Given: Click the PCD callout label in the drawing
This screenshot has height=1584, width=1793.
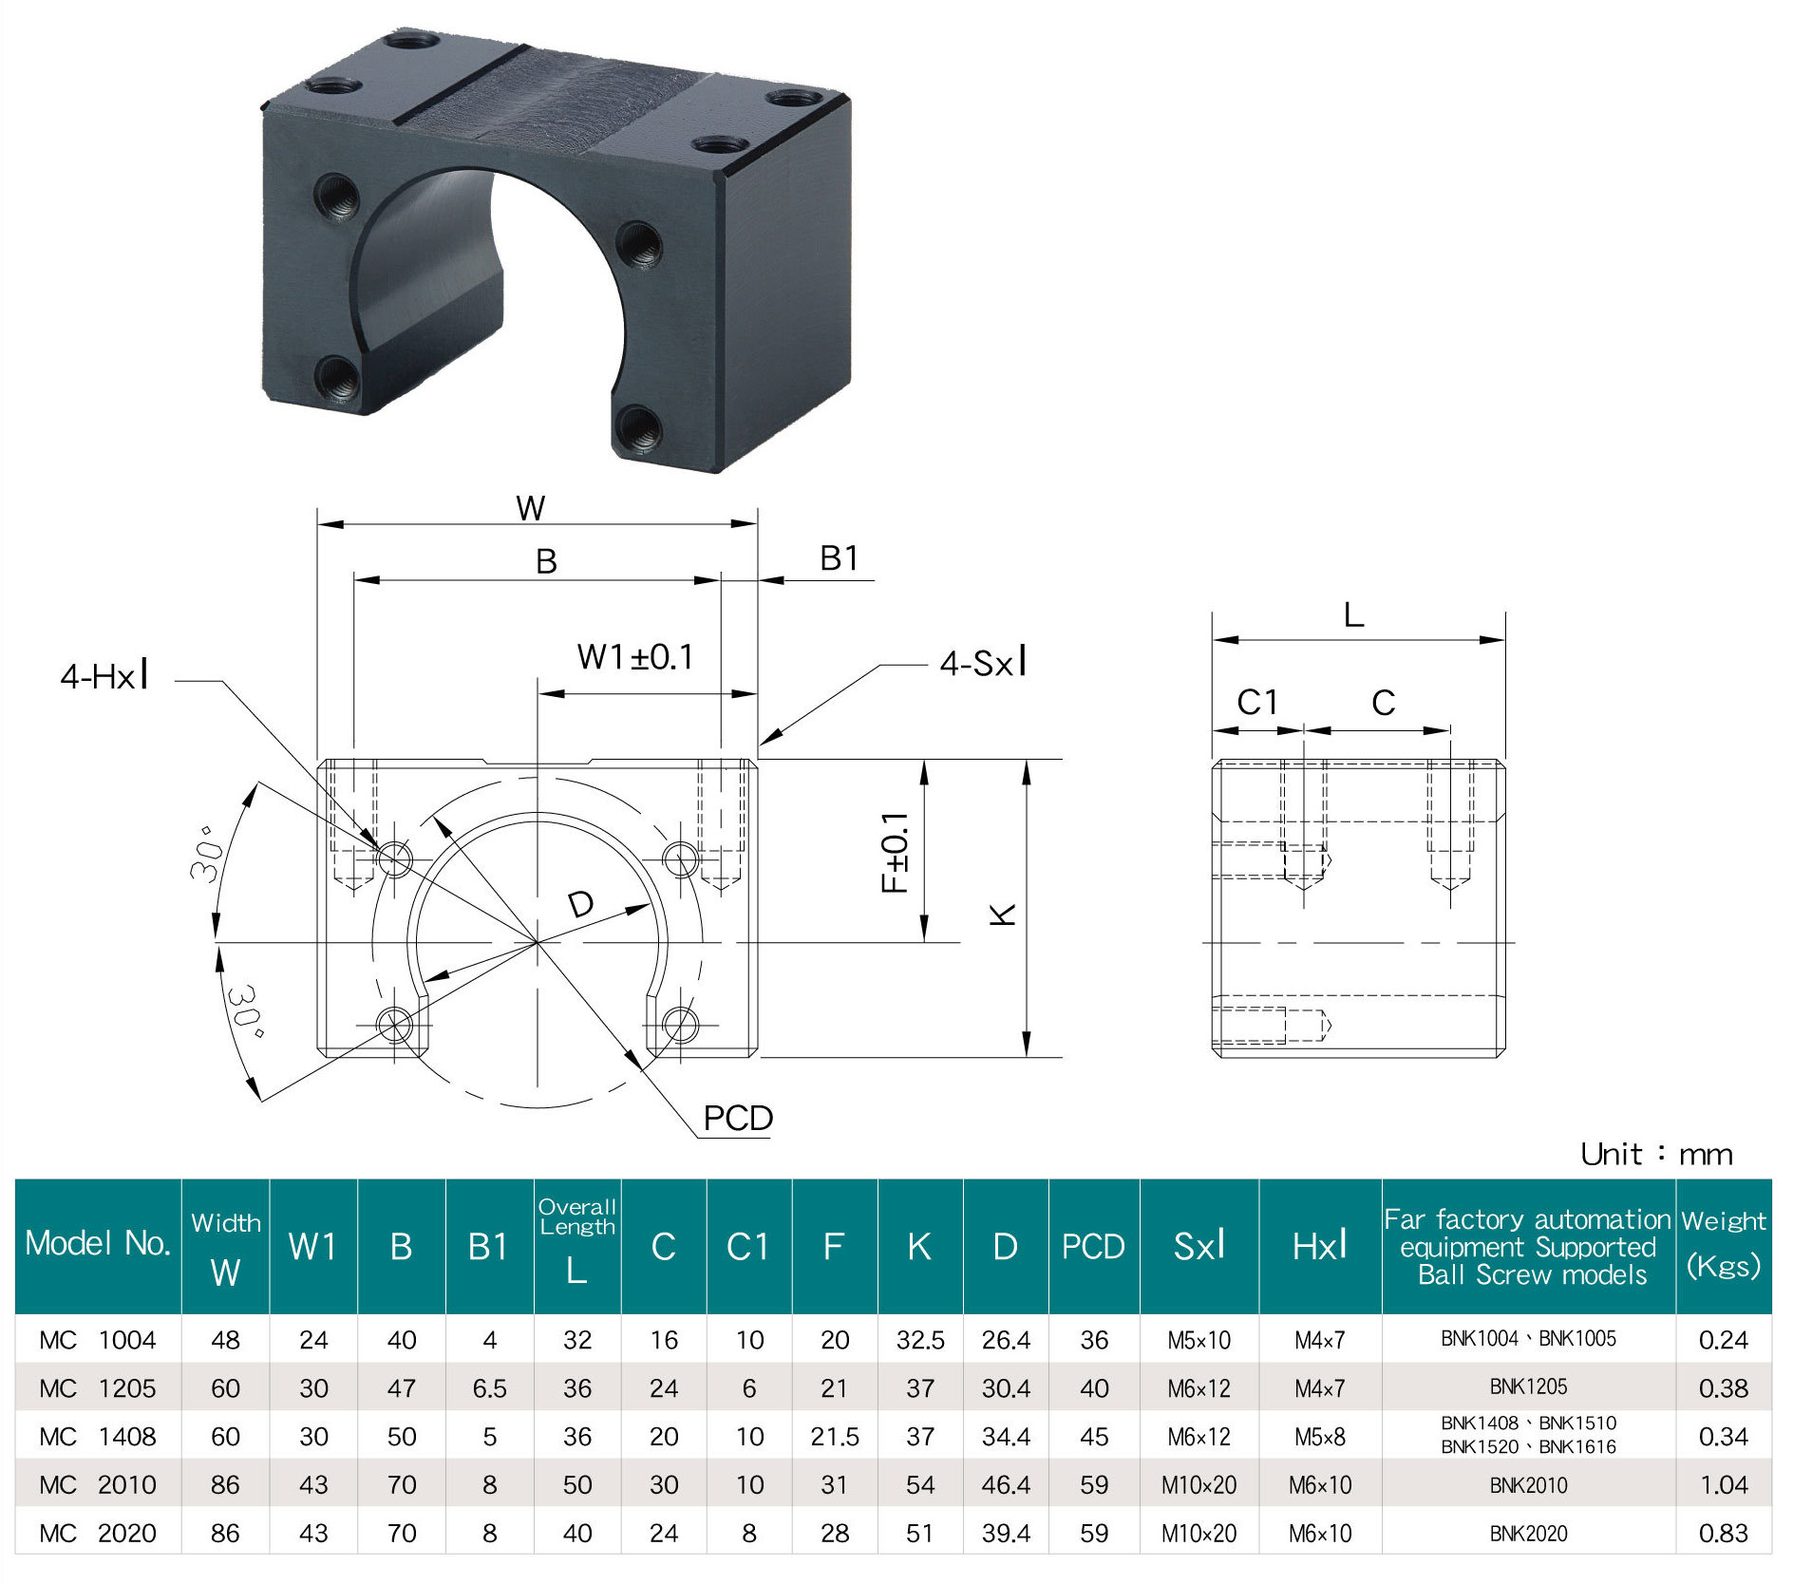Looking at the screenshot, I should pos(737,1118).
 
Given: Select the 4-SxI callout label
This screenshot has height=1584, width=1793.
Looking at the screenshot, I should pos(983,663).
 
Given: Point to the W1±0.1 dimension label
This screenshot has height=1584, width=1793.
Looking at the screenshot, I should pos(635,657).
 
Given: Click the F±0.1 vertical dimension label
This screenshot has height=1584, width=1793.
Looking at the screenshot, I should pos(895,853).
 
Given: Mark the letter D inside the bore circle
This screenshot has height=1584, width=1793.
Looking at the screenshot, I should pos(580,904).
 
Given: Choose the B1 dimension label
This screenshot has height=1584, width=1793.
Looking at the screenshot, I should pos(839,558).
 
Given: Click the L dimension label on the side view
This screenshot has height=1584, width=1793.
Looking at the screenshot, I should pos(1353,615).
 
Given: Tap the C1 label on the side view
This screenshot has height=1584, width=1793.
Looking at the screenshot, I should pos(1257,703).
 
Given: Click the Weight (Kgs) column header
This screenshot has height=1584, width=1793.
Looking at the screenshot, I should pos(1723,1245).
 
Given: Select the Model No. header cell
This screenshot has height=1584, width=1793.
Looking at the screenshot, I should pos(98,1243).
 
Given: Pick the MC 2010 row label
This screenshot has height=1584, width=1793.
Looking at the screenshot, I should pos(98,1484).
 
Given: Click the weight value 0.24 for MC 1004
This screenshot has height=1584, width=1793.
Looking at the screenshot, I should pos(1723,1340).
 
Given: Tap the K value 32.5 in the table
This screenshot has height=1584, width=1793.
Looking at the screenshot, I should pos(919,1340).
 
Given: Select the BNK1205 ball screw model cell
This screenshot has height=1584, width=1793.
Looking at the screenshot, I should pos(1527,1387).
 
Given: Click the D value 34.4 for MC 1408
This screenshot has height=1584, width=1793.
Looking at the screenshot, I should pos(1005,1437).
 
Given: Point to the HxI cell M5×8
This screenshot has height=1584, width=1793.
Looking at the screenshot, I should pos(1319,1437).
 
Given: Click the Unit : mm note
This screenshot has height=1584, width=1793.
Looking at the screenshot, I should pos(1656,1155).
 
